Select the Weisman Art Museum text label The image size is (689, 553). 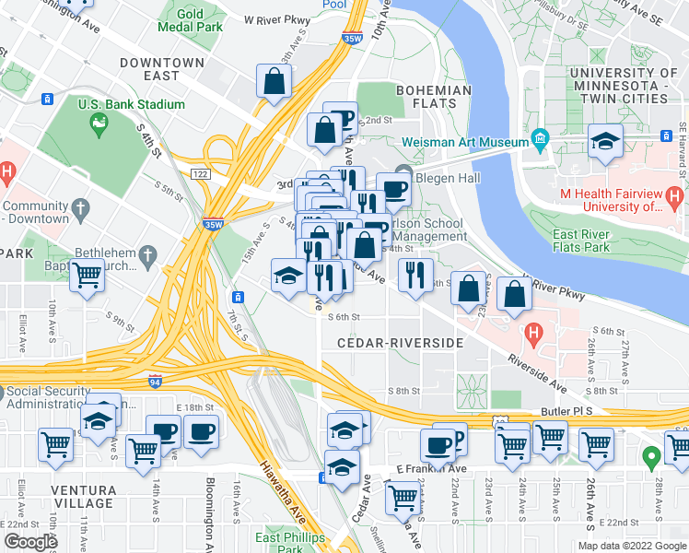(464, 143)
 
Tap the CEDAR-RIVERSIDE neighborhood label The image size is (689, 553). (399, 343)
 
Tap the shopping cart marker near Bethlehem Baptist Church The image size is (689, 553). (87, 275)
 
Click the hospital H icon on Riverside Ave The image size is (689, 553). (531, 331)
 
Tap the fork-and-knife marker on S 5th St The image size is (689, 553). (415, 273)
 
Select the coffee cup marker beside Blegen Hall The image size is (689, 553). (394, 190)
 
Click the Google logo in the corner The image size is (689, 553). (29, 542)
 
